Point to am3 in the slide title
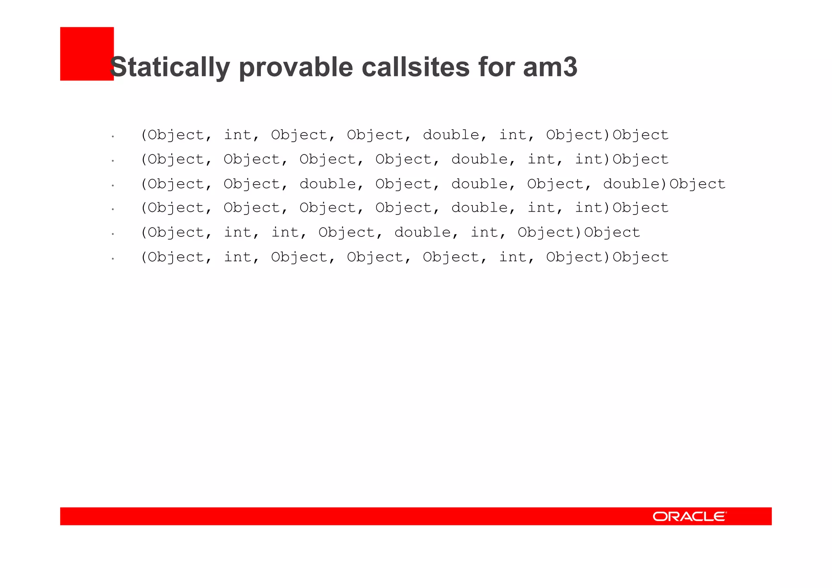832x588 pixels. tap(550, 67)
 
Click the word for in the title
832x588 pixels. tap(496, 67)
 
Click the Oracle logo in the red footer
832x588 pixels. tap(689, 516)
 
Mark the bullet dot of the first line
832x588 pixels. tap(113, 137)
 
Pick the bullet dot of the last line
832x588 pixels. tap(113, 258)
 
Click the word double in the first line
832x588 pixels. tap(451, 135)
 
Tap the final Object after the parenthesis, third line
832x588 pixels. tap(698, 184)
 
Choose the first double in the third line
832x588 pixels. tap(328, 184)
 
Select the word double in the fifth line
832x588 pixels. tap(422, 232)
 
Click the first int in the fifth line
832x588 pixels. tap(238, 232)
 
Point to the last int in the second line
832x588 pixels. tap(589, 159)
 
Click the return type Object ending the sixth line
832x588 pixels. tap(641, 257)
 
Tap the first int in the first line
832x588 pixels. tap(238, 135)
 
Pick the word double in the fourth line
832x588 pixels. tap(479, 208)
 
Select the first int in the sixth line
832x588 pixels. tap(238, 257)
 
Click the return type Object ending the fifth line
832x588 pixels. tap(612, 232)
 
